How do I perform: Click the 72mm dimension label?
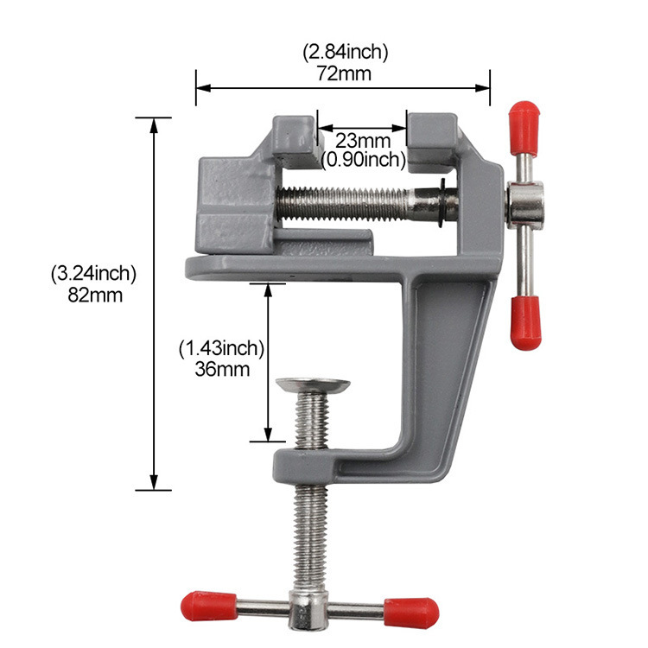(x=345, y=73)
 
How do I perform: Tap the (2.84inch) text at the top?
(x=345, y=53)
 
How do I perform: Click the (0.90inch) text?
(x=363, y=159)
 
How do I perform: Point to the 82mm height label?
(x=93, y=295)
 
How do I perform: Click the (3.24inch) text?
(x=93, y=274)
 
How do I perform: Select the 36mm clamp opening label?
(x=222, y=369)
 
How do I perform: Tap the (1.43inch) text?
(x=221, y=348)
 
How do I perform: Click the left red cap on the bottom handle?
(x=207, y=604)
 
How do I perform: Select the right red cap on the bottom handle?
(x=412, y=611)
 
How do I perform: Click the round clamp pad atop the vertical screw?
(x=312, y=384)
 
